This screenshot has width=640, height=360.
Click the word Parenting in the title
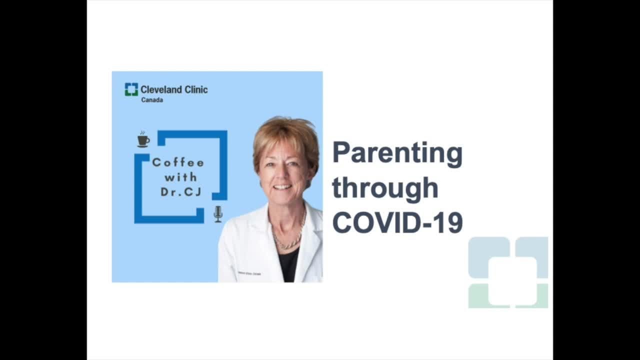pos(397,154)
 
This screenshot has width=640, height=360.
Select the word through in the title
pos(385,188)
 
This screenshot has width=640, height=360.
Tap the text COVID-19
pos(397,222)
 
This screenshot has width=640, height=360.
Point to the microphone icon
pos(218,214)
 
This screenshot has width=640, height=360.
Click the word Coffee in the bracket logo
pos(178,162)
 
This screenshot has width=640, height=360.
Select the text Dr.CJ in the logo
pos(180,191)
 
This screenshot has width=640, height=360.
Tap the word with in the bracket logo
pos(180,177)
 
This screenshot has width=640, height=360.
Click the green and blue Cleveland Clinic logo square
pos(131,89)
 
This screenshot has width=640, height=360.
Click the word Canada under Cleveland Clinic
pos(152,100)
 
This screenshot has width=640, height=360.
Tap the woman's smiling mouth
pos(282,187)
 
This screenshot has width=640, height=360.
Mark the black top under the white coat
pos(289,265)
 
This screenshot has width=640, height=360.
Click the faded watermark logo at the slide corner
pos(508,272)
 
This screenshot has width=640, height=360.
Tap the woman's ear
pos(314,169)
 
